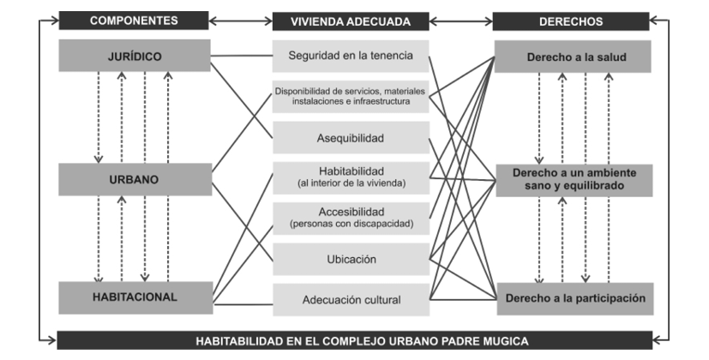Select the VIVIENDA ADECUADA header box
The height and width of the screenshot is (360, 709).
[351, 21]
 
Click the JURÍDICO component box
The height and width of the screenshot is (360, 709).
[135, 57]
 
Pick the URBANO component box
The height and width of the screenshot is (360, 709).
[135, 179]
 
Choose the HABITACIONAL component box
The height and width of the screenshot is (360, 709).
[135, 297]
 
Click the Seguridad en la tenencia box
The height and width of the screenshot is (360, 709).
[351, 56]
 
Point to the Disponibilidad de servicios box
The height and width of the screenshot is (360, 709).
[351, 96]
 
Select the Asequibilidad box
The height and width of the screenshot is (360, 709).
[351, 137]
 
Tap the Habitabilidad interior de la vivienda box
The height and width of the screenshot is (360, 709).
[351, 177]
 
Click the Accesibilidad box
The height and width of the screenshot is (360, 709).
[351, 218]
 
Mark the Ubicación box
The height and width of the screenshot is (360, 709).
[351, 259]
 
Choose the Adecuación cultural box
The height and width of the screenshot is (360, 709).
[351, 299]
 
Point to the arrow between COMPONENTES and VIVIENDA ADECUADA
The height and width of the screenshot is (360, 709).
[240, 21]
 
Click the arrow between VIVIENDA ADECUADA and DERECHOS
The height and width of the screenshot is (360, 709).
[461, 21]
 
